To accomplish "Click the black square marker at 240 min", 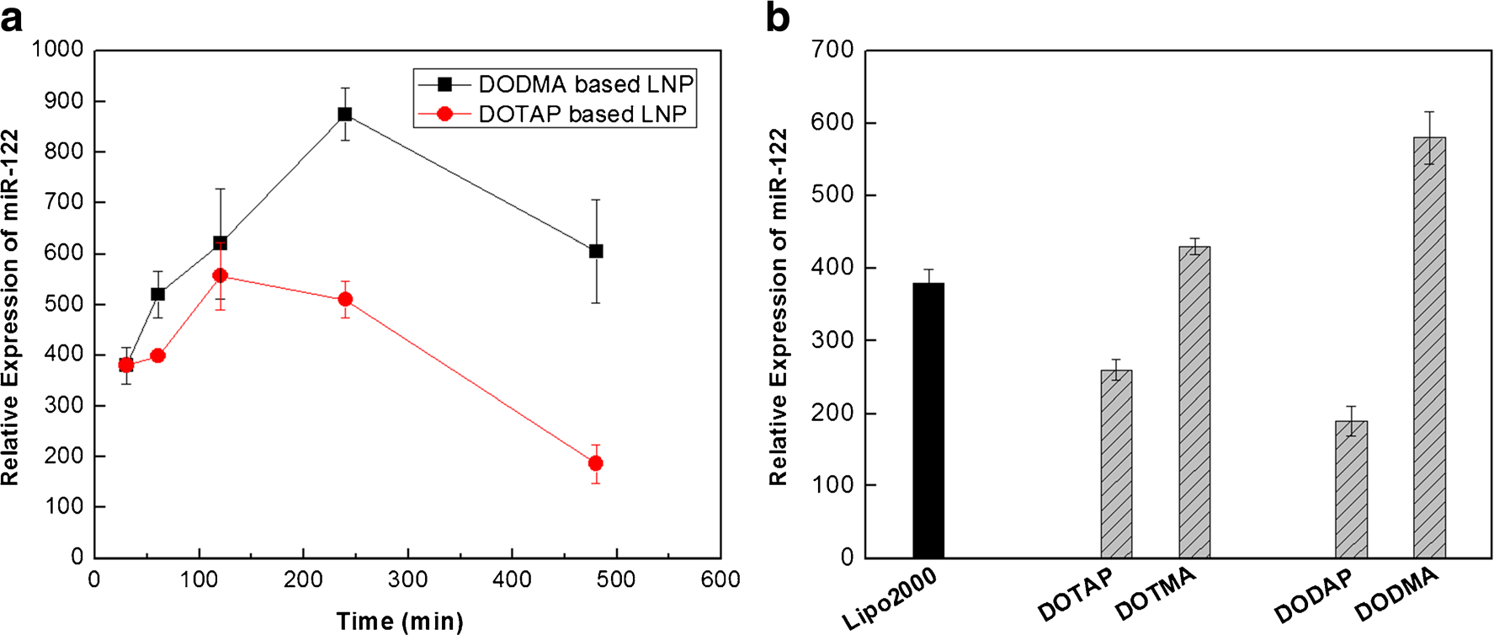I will point(344,114).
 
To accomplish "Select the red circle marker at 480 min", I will point(596,463).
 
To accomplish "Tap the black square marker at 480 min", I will point(596,251).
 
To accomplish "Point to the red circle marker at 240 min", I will point(344,299).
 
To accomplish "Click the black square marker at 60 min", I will point(157,294).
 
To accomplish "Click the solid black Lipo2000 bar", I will point(928,421).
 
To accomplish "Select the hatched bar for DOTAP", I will point(1116,463).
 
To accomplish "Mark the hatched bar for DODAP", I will point(1351,488).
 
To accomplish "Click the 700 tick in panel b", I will point(832,51).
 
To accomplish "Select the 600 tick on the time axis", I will point(720,579).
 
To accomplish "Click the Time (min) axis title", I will point(400,622).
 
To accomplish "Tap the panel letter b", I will point(777,17).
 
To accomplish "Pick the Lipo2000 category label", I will point(890,600).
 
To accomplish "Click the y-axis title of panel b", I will point(779,307).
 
